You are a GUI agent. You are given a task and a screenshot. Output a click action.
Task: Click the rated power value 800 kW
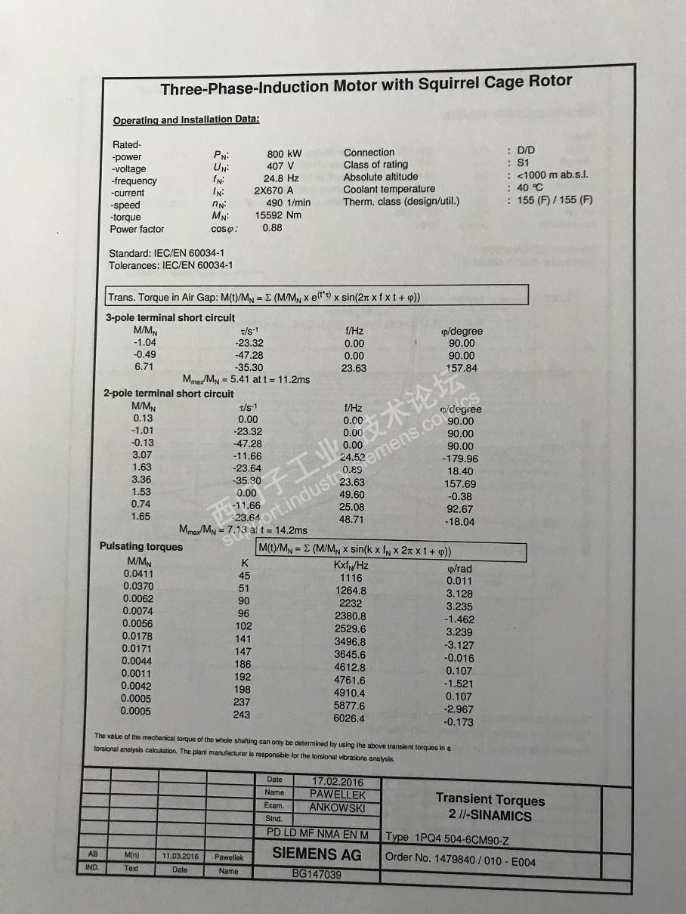point(284,154)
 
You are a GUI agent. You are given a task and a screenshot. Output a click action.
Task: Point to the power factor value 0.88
point(272,227)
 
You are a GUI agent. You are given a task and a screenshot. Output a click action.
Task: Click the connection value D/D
point(526,150)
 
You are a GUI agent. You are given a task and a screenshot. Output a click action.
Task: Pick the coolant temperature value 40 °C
point(530,187)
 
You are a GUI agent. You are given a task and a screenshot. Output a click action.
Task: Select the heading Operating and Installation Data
point(186,120)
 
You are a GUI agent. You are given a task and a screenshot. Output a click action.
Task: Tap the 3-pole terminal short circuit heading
point(170,318)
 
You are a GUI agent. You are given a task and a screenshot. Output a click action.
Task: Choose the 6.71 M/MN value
point(144,366)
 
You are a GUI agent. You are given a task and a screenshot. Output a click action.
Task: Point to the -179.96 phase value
point(459,459)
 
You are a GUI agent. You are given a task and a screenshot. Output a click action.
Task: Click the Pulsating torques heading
point(141,546)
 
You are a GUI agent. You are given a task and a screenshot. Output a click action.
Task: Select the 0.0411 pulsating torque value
point(138,574)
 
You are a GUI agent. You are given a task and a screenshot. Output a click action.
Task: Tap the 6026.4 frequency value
point(349,718)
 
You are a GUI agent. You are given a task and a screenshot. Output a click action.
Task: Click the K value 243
point(242,715)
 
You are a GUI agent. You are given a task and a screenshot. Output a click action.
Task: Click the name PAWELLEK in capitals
point(338,794)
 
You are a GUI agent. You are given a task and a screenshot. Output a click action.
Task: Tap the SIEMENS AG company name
point(317,854)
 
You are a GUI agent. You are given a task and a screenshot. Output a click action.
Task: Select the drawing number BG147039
point(317,875)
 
